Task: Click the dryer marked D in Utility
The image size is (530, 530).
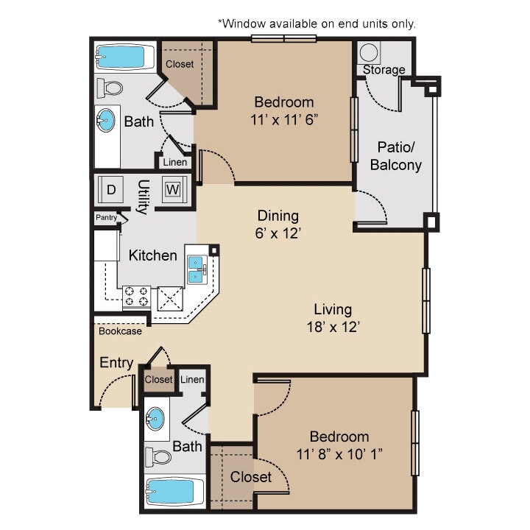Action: point(111,189)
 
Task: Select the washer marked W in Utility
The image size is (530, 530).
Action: point(172,189)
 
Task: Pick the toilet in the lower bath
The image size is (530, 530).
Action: point(158,456)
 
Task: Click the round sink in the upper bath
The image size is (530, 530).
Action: point(107,120)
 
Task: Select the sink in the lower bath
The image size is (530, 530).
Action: point(155,420)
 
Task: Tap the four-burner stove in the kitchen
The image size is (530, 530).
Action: point(136,296)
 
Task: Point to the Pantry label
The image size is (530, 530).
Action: point(105,218)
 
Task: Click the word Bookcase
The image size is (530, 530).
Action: point(120,331)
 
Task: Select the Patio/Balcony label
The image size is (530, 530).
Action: point(395,155)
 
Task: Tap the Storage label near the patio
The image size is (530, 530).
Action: point(384,70)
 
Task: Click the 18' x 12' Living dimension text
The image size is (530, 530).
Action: point(333,327)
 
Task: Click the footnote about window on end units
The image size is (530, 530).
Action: point(317,24)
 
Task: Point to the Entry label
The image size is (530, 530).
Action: point(116,363)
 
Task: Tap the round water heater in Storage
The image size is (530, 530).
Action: point(369,52)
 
